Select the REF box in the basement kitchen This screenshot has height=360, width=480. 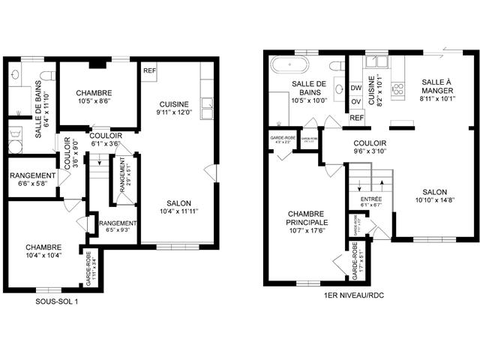click(x=149, y=70)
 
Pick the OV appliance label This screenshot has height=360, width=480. click(x=356, y=102)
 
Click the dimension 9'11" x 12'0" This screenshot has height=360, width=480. click(x=173, y=112)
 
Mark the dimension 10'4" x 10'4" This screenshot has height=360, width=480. click(x=43, y=256)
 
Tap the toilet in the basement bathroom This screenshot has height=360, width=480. click(x=48, y=76)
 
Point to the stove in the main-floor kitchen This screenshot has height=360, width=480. click(x=398, y=91)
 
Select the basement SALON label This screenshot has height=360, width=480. click(x=177, y=203)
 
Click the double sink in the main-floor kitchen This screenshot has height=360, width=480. click(x=374, y=61)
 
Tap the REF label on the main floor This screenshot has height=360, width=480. click(x=356, y=118)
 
